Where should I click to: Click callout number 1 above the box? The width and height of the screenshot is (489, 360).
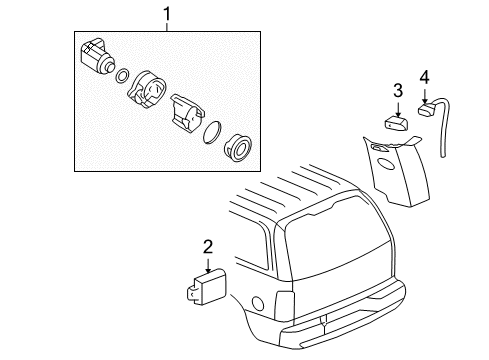[167, 14]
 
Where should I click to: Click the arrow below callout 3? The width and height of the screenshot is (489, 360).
[397, 109]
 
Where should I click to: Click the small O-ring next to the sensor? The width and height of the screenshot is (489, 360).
[122, 76]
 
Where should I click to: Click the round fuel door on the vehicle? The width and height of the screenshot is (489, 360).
[259, 303]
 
